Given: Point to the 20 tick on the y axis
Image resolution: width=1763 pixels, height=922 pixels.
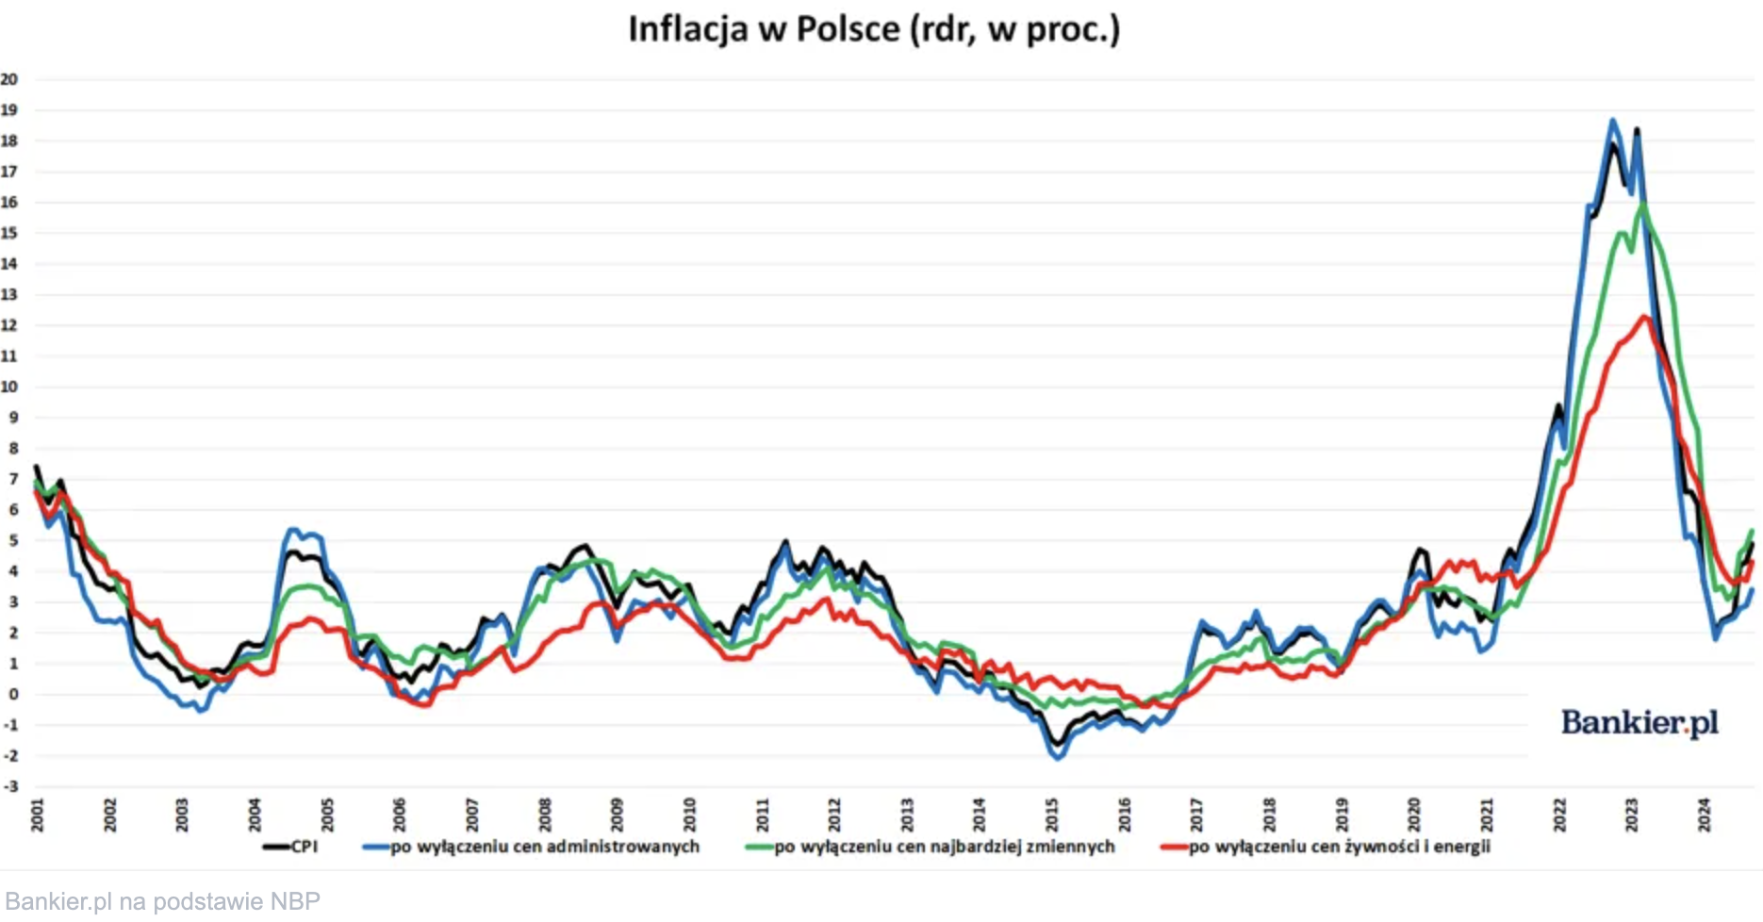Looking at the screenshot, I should (9, 79).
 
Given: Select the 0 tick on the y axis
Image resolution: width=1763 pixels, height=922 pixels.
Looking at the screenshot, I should (12, 695).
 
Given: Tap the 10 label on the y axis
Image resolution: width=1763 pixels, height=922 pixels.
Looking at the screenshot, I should (9, 387).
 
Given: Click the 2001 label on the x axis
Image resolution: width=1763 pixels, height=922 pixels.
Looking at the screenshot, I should (38, 815).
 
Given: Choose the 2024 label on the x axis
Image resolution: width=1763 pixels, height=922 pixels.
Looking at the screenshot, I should (1705, 815).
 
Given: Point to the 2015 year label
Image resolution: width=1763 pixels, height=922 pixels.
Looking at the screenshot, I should (1052, 815).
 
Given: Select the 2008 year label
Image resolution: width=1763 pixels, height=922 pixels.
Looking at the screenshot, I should (545, 815).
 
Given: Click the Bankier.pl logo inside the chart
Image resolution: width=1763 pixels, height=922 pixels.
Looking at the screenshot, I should (1639, 723).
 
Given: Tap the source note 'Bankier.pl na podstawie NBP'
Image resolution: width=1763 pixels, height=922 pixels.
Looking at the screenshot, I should (162, 901).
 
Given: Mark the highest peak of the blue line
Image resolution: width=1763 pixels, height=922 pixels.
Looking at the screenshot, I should (1612, 121).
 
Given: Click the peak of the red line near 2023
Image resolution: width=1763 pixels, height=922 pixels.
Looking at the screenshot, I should (1645, 317).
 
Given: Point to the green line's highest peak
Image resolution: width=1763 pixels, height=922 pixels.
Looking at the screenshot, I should (1643, 204).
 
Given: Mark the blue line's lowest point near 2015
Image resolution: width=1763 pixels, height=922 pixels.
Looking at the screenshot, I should (1057, 758).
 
